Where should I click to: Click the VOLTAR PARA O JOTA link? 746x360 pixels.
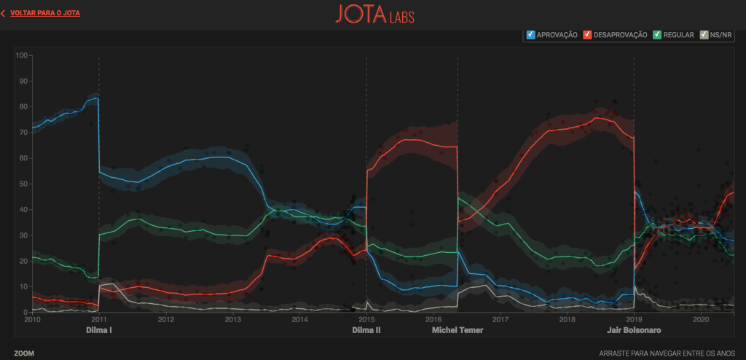(44, 13)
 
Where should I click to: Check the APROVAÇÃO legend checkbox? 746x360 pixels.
(531, 34)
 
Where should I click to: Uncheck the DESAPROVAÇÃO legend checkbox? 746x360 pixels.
(587, 34)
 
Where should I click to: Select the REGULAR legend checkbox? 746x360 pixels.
(657, 34)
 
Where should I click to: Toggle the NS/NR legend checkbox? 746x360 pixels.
(704, 34)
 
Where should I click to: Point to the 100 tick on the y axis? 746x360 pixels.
(21, 55)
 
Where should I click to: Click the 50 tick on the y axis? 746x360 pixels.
(23, 184)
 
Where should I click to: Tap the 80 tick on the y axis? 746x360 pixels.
(23, 107)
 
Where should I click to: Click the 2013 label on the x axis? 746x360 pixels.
(232, 319)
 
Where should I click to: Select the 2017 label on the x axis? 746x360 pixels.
(500, 319)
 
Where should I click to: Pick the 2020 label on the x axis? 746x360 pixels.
(700, 319)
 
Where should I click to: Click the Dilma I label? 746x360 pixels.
(100, 330)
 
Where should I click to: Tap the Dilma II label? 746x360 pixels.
(366, 330)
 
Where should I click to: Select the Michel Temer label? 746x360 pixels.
(458, 330)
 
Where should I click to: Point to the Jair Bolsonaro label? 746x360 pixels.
(634, 330)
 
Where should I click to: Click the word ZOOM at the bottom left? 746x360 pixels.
(23, 353)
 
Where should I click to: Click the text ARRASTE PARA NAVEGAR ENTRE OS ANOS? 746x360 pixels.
(665, 353)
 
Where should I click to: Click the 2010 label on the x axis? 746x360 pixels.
(32, 319)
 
